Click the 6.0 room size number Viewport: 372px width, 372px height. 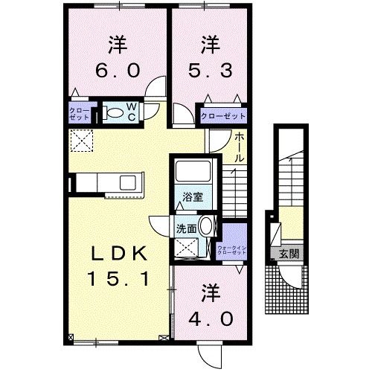point(115,71)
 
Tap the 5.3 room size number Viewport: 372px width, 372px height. point(211,71)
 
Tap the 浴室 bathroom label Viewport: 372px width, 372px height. point(195,197)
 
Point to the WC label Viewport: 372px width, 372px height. point(130,112)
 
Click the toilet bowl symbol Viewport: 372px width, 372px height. point(114,113)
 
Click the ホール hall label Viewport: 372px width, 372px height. point(240,148)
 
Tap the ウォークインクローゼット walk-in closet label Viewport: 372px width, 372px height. point(232,251)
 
